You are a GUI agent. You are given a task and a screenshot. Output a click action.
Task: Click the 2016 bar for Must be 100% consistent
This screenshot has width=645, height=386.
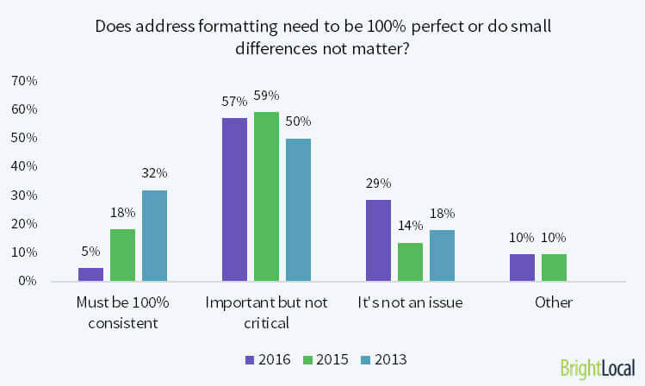tap(91, 274)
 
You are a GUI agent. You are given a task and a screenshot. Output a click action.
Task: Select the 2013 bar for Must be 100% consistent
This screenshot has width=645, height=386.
tap(154, 235)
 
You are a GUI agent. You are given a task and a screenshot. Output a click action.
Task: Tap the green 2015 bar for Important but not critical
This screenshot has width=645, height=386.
tap(266, 196)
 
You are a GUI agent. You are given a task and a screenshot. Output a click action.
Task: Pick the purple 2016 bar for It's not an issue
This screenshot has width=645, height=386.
tap(378, 240)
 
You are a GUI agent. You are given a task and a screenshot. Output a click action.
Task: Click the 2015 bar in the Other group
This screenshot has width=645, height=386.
tap(554, 267)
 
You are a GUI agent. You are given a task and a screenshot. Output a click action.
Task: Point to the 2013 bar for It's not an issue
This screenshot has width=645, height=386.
tap(442, 255)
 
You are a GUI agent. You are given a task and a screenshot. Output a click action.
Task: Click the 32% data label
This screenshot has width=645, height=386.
tap(155, 173)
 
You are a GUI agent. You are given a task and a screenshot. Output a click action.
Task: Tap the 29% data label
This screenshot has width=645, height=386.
tap(378, 183)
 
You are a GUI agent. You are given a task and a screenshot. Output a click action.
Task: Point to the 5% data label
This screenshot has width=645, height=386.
tap(91, 252)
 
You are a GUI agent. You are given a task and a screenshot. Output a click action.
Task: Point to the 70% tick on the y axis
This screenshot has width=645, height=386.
tap(23, 81)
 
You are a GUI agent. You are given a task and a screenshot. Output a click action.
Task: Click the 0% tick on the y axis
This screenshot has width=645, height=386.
tap(27, 281)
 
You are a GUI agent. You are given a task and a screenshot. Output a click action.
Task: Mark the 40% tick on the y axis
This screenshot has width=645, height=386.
tap(23, 166)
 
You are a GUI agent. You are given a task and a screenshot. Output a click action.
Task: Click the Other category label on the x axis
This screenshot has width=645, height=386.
tap(554, 302)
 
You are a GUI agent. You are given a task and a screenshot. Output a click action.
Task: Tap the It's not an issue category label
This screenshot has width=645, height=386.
tap(410, 302)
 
